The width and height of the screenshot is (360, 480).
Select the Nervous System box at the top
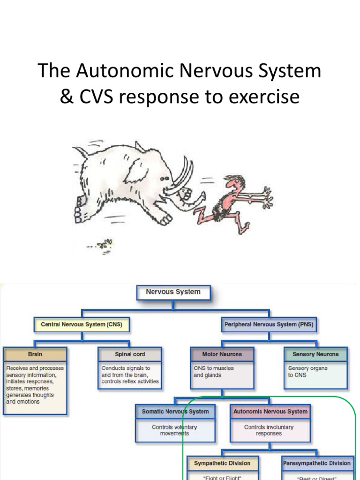(173, 292)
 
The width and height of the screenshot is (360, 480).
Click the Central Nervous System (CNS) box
(81, 324)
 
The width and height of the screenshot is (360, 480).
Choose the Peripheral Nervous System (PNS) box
(269, 324)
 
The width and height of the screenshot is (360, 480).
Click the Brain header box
(35, 354)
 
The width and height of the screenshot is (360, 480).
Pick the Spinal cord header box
(130, 354)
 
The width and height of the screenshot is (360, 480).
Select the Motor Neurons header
(222, 354)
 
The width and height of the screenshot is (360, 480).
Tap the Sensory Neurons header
(315, 354)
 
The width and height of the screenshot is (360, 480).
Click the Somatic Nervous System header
(175, 412)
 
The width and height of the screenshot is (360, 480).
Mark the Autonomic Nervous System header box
(270, 412)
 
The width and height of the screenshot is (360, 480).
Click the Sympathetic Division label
(222, 463)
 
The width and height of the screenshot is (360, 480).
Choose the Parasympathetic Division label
(317, 463)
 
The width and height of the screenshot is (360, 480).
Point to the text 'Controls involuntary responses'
(269, 430)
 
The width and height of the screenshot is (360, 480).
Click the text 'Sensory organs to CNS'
(307, 372)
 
